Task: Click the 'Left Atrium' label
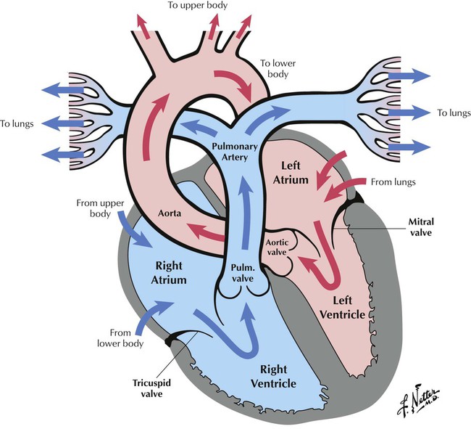(x=292, y=172)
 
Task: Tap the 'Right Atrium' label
(x=168, y=272)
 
